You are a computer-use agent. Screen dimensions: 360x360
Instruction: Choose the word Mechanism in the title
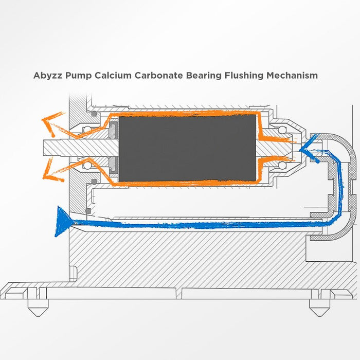(x=292, y=76)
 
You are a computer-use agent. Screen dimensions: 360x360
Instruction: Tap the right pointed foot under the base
(x=315, y=309)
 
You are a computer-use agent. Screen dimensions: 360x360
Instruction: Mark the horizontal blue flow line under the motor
(x=195, y=224)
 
